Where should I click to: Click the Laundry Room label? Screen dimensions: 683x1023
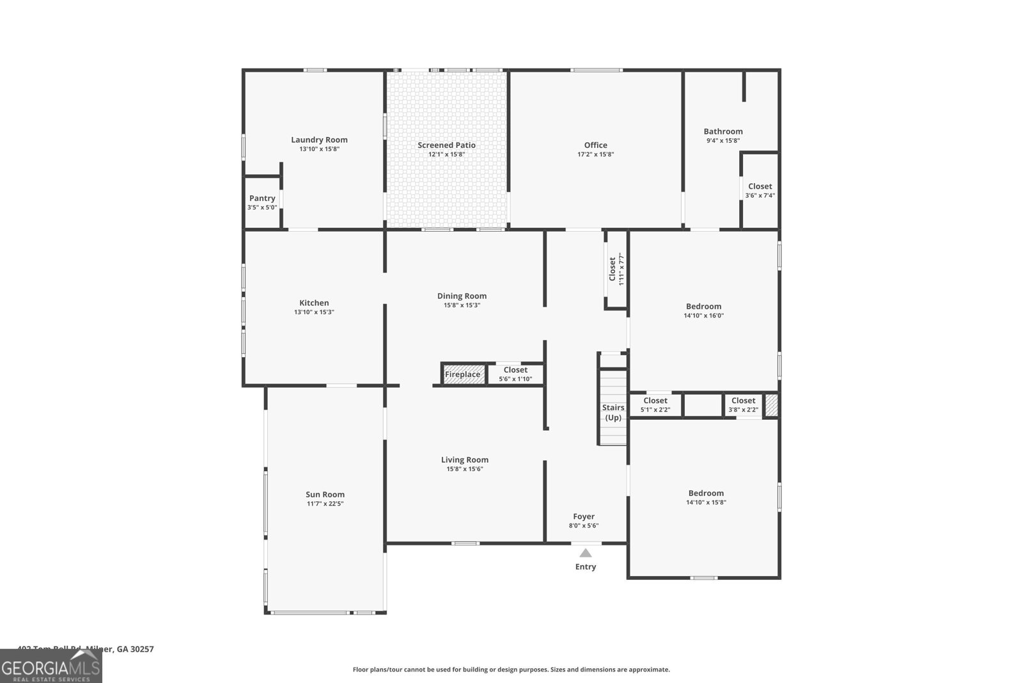[x=319, y=140]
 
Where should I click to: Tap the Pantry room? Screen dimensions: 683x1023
[x=262, y=202]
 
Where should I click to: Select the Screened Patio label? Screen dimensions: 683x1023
[x=446, y=145]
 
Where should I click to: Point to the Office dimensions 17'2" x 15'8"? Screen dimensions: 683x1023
[x=595, y=154]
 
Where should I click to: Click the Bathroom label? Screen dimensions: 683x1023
[x=723, y=131]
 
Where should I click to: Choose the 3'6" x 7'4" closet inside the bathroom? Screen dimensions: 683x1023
[x=760, y=190]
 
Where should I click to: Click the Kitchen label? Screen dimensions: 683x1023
[x=314, y=303]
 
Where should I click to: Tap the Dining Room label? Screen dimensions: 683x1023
[x=462, y=296]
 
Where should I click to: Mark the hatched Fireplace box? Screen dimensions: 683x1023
[x=463, y=374]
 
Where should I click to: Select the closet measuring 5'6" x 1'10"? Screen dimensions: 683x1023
[x=515, y=374]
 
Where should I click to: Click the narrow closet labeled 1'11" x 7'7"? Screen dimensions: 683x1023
[x=616, y=269]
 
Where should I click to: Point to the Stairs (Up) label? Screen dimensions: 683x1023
[x=613, y=412]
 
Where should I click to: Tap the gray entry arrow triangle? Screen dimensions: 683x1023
[x=586, y=553]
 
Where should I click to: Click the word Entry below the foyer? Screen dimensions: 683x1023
[x=586, y=566]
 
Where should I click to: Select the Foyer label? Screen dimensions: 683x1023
[x=584, y=516]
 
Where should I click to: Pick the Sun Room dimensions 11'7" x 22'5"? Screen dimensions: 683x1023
[x=325, y=504]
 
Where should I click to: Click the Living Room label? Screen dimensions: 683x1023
[x=464, y=460]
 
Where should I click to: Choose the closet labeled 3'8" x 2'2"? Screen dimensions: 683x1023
[x=743, y=405]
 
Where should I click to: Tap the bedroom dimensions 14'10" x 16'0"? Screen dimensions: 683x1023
[x=703, y=316]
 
